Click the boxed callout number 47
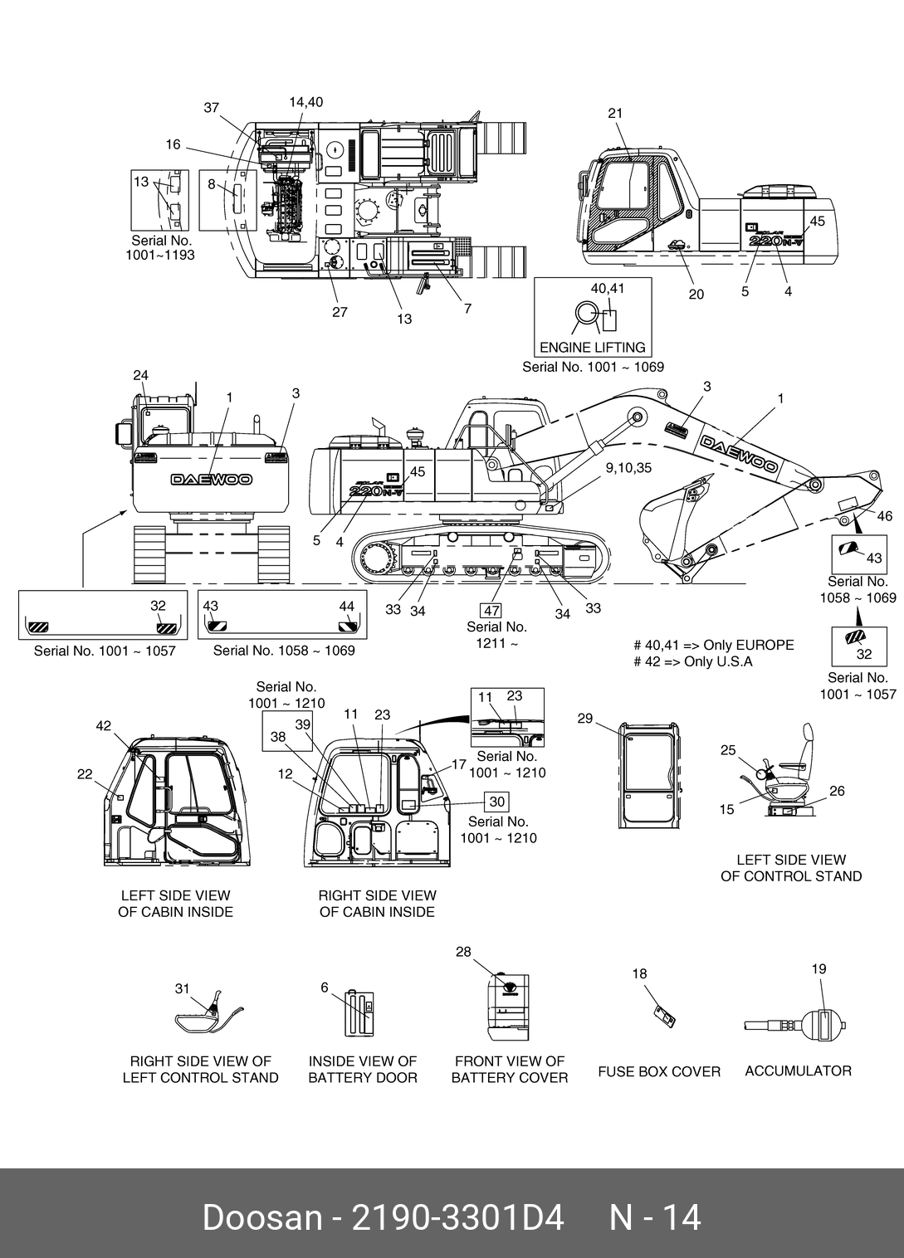tap(491, 612)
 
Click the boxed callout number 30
tap(497, 802)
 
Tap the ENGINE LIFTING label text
tap(593, 347)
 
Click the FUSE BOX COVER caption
tap(659, 1071)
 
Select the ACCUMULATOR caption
tap(798, 1070)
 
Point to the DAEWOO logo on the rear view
tap(212, 479)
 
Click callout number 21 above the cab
tap(615, 114)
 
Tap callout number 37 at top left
tap(212, 108)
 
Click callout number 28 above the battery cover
tap(463, 952)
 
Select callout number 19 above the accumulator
tap(818, 968)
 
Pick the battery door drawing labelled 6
tap(360, 1012)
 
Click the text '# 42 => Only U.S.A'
tap(692, 662)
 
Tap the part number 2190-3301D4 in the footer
tap(458, 1217)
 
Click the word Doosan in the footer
tap(261, 1217)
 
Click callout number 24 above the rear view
tap(141, 376)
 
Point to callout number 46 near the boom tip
tap(885, 516)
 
